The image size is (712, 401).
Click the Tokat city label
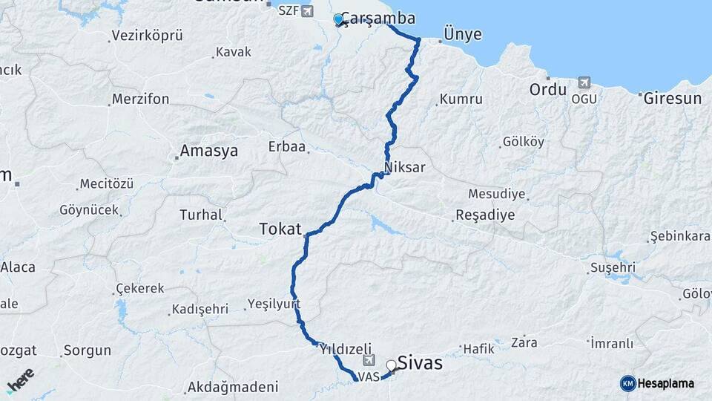pyautogui.click(x=280, y=229)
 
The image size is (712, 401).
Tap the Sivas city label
pyautogui.click(x=420, y=363)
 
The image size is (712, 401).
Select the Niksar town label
pyautogui.click(x=405, y=167)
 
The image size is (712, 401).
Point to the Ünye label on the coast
pyautogui.click(x=462, y=34)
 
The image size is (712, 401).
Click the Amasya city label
pyautogui.click(x=209, y=151)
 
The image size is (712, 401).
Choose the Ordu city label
pyautogui.click(x=548, y=90)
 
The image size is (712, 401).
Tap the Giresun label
pyautogui.click(x=673, y=98)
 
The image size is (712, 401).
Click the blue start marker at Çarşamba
pyautogui.click(x=338, y=19)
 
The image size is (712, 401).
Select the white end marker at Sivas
pyautogui.click(x=391, y=365)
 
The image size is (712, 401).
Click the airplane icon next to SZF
pyautogui.click(x=308, y=11)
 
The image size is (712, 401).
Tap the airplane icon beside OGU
pyautogui.click(x=584, y=82)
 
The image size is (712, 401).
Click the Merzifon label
pyautogui.click(x=140, y=99)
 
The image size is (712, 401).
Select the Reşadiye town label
pyautogui.click(x=484, y=215)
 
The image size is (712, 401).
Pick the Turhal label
pyautogui.click(x=201, y=215)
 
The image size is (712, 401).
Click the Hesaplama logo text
pyautogui.click(x=665, y=383)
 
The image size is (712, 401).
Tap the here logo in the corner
pyautogui.click(x=20, y=379)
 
